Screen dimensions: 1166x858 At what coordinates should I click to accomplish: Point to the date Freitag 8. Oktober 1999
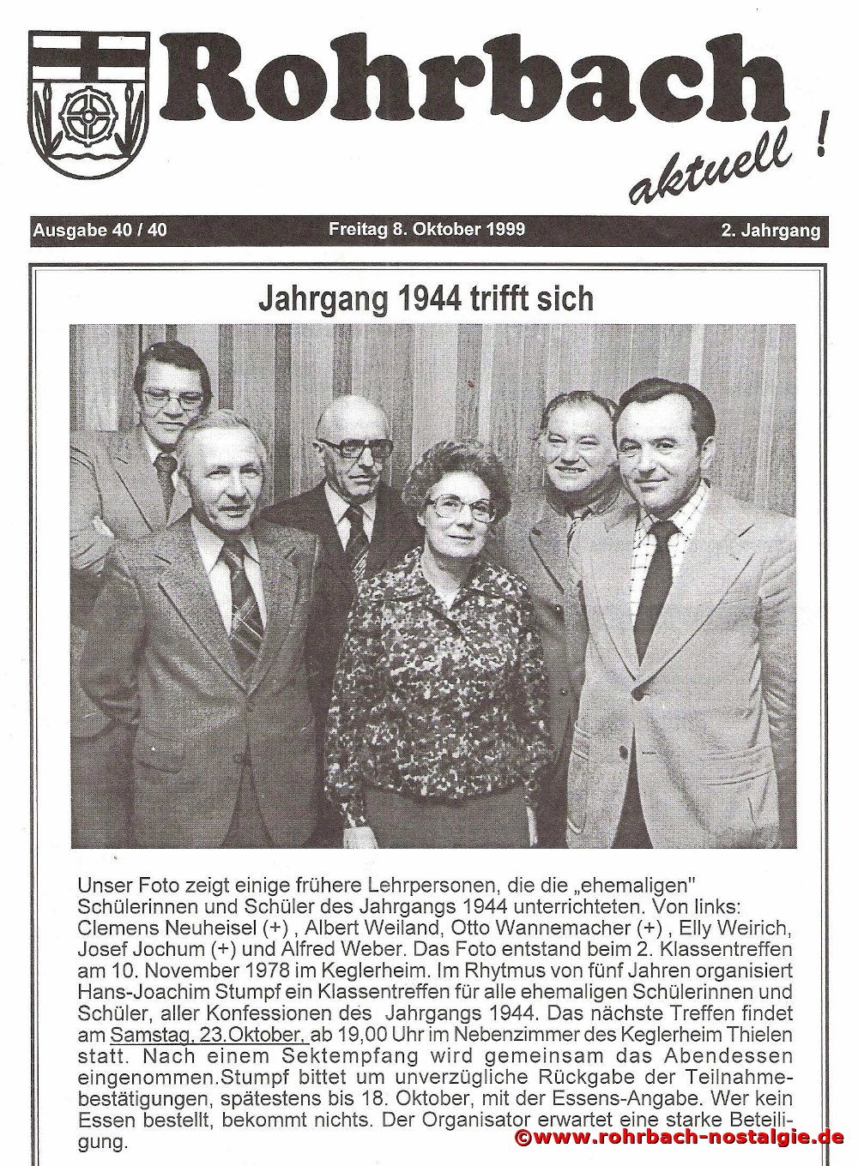pos(426,230)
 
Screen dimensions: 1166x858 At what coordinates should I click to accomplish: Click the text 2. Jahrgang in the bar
pos(770,231)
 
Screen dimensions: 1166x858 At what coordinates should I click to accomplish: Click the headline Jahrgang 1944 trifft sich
pos(426,298)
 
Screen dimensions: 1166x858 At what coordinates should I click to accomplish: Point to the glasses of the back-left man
pos(172,397)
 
